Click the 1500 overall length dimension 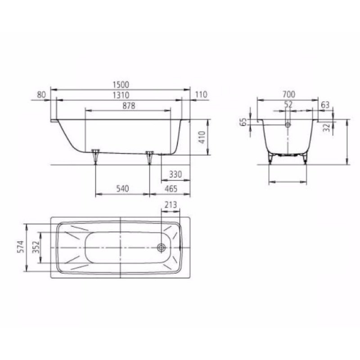pyautogui.click(x=121, y=84)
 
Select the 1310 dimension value pyautogui.click(x=121, y=95)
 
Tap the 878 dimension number pyautogui.click(x=128, y=106)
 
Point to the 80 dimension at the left pyautogui.click(x=41, y=95)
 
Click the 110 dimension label pyautogui.click(x=201, y=95)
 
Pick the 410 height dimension pyautogui.click(x=202, y=137)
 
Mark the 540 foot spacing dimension pyautogui.click(x=122, y=189)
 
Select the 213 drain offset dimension pyautogui.click(x=170, y=205)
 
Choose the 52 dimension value pyautogui.click(x=288, y=104)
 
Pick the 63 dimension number pyautogui.click(x=325, y=104)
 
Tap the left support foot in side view pyautogui.click(x=95, y=155)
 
